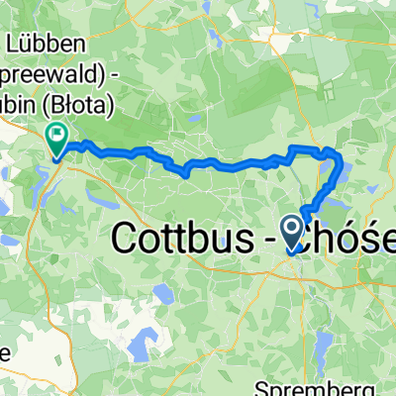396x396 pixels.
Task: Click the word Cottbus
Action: click(189, 237)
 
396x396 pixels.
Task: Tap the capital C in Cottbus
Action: click(128, 237)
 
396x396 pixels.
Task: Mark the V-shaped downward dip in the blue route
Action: click(184, 173)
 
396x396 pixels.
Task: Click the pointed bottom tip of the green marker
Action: click(56, 157)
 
